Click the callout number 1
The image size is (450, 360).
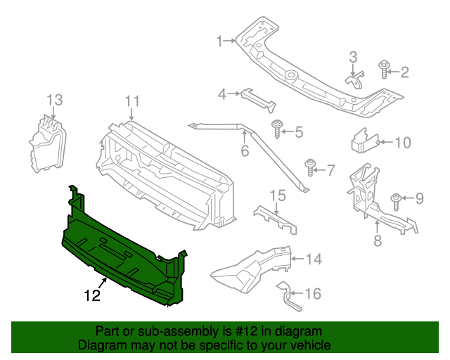[219, 41]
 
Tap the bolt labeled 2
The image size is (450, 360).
[384, 69]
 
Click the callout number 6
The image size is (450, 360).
[245, 151]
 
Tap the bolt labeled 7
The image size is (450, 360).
[310, 167]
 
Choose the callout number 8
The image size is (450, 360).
[377, 240]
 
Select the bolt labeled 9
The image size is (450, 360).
[396, 200]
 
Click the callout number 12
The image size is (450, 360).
[92, 296]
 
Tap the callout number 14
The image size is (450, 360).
[313, 259]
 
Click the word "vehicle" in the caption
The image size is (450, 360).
[306, 345]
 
